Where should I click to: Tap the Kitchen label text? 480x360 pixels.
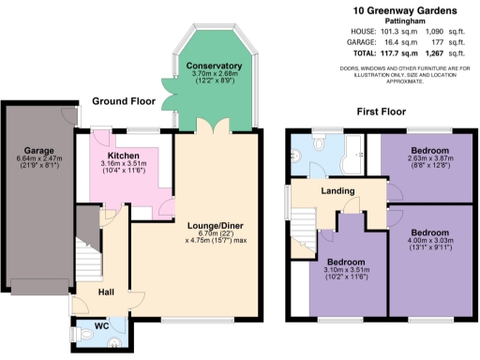[x=124, y=156]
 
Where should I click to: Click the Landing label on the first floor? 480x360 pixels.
[x=337, y=191]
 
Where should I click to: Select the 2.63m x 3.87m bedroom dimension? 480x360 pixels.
[x=428, y=160]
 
